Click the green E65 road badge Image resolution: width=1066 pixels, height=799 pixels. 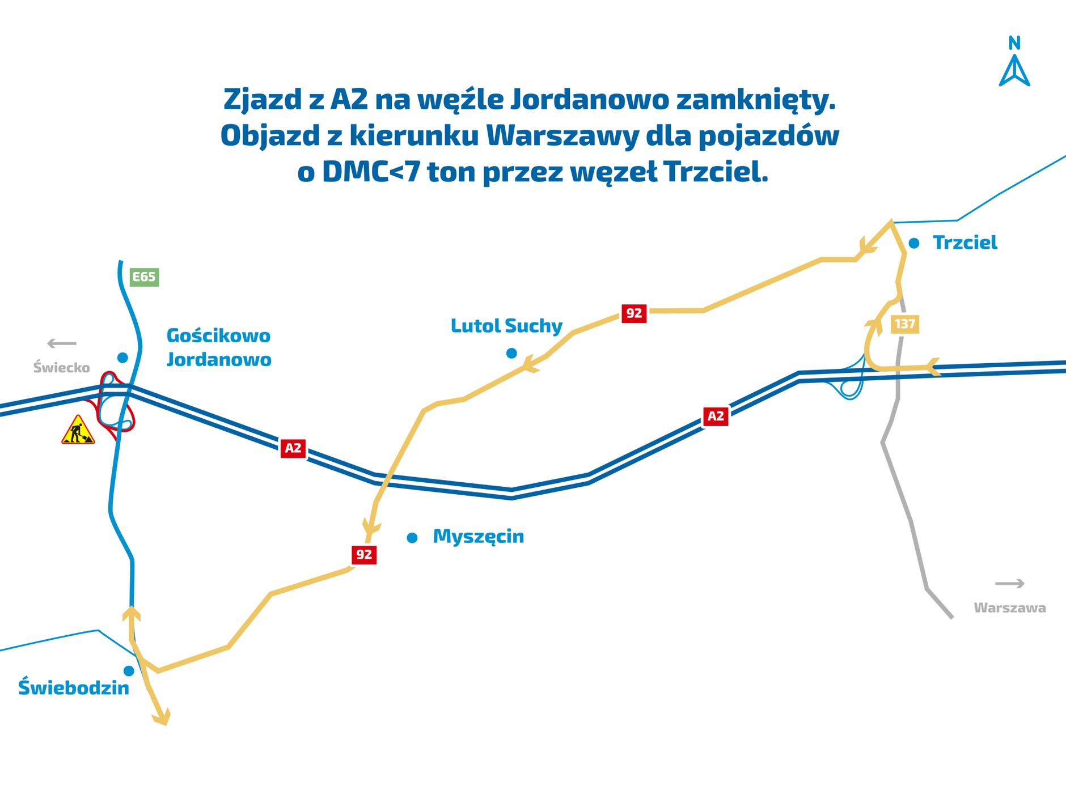click(144, 277)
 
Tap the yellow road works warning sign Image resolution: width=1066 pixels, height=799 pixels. click(78, 430)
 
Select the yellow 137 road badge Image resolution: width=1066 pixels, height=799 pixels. click(904, 324)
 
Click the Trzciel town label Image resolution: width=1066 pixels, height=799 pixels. click(965, 243)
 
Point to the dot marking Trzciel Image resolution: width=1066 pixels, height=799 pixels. click(914, 243)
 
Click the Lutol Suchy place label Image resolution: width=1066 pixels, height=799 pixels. click(506, 326)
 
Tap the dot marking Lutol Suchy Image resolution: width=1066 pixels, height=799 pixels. click(511, 354)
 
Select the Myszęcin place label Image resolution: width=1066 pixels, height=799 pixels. click(478, 536)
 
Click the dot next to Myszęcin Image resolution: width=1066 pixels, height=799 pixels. click(412, 538)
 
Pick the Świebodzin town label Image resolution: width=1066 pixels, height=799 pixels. click(74, 687)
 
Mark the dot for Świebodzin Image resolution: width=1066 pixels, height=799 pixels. click(129, 671)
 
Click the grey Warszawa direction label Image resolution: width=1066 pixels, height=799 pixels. click(1009, 608)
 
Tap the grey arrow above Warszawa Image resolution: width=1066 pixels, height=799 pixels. click(1009, 583)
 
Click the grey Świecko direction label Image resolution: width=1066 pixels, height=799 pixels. click(61, 368)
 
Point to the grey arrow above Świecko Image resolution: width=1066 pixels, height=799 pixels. click(61, 343)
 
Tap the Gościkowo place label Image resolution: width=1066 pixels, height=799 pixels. click(218, 335)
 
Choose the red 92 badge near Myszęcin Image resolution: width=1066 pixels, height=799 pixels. click(363, 554)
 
